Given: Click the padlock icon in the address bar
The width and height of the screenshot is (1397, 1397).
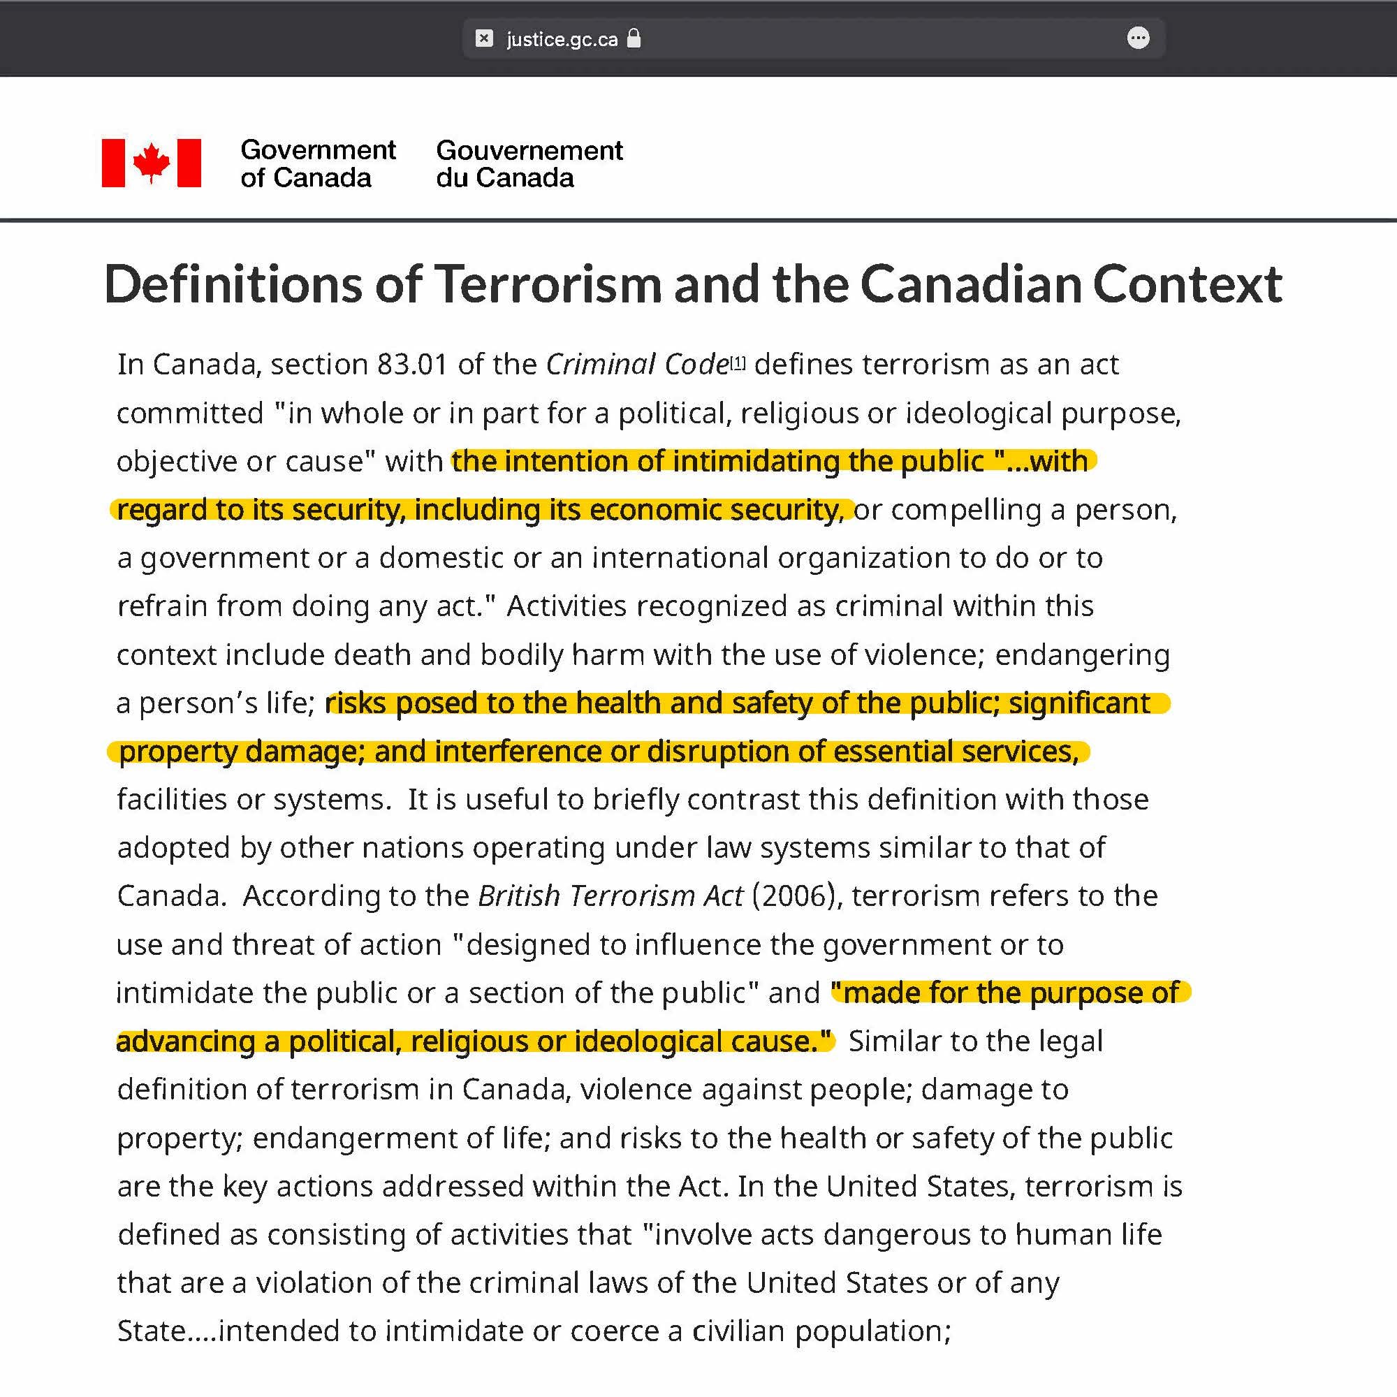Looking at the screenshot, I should pos(634,38).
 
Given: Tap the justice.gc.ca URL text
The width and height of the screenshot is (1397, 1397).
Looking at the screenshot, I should pos(562,39).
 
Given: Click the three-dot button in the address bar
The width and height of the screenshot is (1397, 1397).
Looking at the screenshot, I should pos(1138,38).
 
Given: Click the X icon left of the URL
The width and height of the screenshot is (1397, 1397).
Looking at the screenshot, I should pos(484,38).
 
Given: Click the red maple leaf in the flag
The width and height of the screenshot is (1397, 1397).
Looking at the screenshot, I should pos(151,162).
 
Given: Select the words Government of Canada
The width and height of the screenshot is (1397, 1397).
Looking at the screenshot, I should pos(317,163).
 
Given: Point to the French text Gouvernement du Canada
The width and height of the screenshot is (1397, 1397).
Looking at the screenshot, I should pos(529,163).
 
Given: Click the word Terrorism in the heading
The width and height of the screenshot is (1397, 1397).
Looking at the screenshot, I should pos(548,284).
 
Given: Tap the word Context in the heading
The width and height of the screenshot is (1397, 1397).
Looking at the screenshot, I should pos(1187,284).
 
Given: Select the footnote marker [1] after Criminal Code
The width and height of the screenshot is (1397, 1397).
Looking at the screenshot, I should pos(738,362).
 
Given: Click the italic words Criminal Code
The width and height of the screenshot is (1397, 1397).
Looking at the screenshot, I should pos(637,365).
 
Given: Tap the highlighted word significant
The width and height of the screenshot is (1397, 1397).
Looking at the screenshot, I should pos(1079,703).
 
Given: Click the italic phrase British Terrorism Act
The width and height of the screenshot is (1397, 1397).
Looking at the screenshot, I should pos(610,896).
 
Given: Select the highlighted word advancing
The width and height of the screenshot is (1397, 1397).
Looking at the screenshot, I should pos(185,1041).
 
